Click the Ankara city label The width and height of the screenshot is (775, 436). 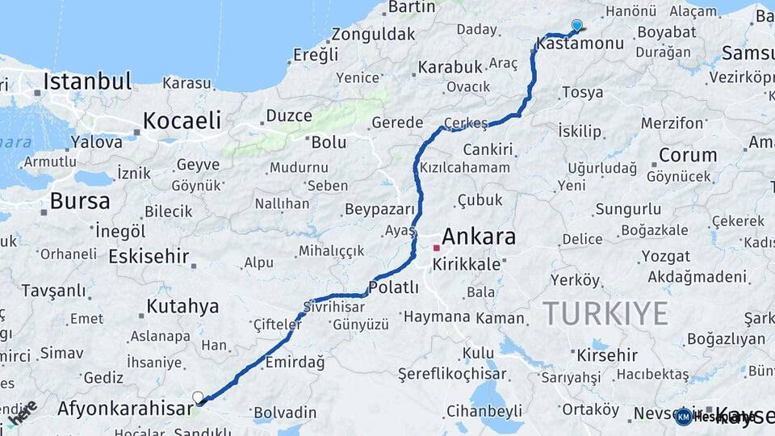pos(479,237)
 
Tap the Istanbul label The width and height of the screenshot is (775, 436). pos(87,82)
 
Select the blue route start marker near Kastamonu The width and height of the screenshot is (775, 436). pos(576,25)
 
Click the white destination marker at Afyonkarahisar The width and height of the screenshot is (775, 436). pos(198,397)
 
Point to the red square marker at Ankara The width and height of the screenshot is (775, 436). pos(436,248)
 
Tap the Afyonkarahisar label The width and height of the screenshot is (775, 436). pos(125,409)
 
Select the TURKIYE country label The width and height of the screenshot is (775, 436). pos(605,312)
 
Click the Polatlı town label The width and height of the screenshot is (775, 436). pos(393,287)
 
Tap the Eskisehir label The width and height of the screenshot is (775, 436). pos(149,257)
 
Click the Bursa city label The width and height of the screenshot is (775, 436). pos(80,200)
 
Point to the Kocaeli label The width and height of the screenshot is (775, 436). pos(182,121)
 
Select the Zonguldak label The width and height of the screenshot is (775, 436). pos(373,34)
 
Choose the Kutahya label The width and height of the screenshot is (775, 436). pos(182,307)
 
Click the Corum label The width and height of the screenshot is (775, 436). pos(688,154)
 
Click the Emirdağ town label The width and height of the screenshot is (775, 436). pos(295,362)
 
